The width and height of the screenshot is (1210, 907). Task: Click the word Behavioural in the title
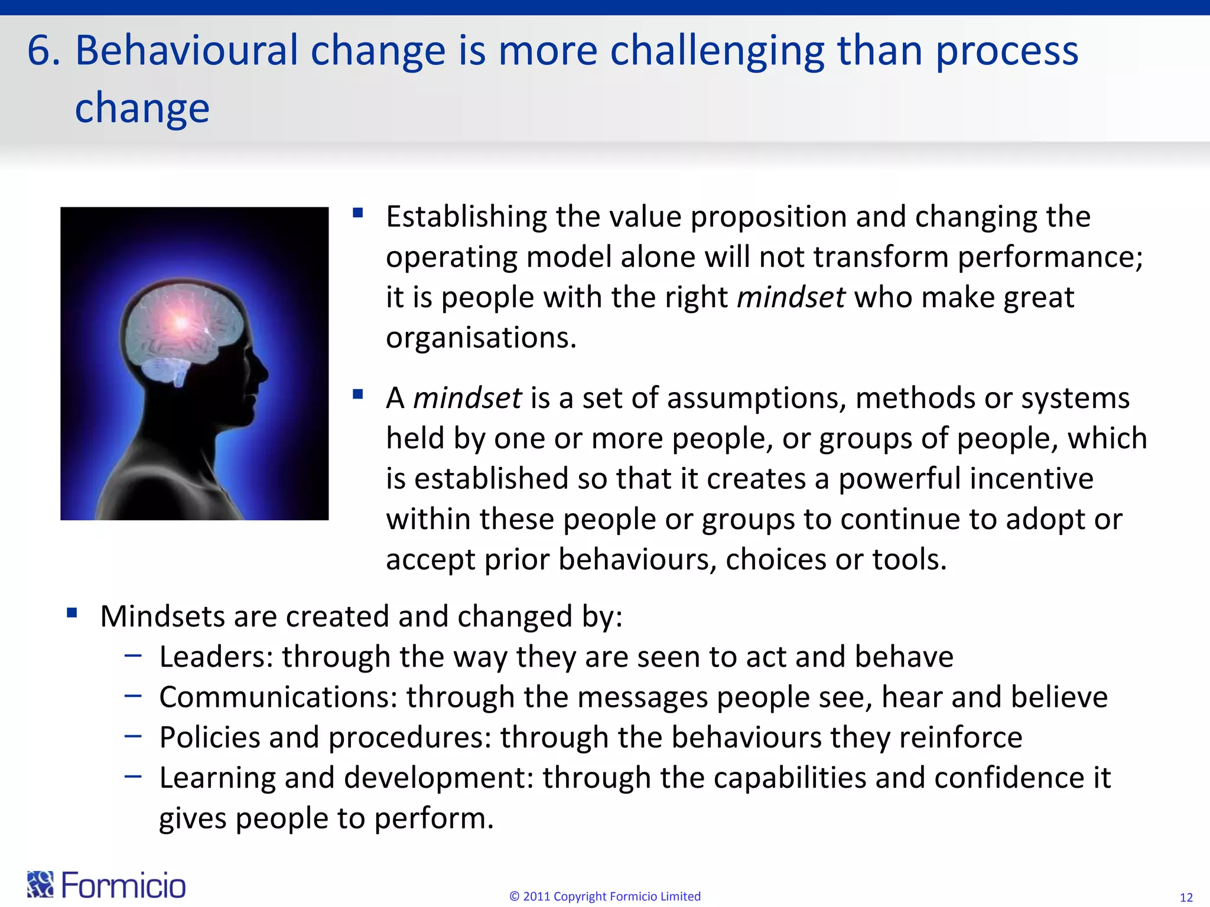pos(186,51)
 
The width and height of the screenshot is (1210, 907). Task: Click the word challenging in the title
pos(717,51)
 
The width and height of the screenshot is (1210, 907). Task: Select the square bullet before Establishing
pos(357,213)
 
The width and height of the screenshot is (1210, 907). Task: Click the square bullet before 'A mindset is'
pos(357,394)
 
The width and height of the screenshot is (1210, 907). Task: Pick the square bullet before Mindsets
pos(72,612)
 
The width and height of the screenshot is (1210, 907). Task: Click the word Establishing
pos(466,217)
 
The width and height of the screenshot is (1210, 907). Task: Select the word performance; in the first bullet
pos(1050,257)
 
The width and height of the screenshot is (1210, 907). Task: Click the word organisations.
pos(480,338)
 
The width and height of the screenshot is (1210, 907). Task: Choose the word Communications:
pos(278,697)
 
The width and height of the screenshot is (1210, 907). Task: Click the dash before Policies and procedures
pos(134,736)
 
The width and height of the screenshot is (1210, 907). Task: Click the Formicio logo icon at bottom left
pos(40,885)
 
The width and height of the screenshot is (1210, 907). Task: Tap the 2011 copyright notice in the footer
pos(604,896)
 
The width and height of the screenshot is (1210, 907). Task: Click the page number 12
pos(1186,898)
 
